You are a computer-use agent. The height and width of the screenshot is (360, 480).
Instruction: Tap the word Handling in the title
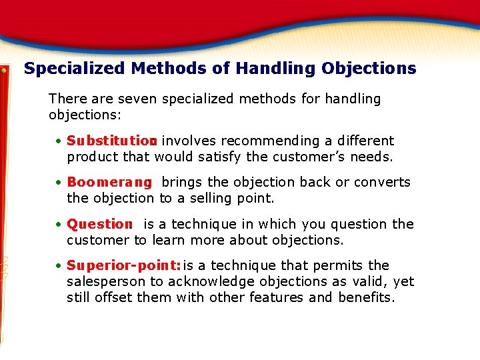pos(275,69)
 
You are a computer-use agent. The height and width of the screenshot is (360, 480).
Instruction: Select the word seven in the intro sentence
pos(138,99)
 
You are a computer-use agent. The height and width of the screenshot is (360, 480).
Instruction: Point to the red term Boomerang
pos(109,183)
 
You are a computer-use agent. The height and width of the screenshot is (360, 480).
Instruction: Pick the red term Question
pos(100,225)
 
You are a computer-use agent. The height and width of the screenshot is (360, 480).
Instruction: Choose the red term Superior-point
pos(123,266)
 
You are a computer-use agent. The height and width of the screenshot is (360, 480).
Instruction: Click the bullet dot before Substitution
pos(59,141)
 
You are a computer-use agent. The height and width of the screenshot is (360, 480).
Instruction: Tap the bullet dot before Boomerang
pos(59,183)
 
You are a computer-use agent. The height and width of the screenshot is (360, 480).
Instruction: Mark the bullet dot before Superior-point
pos(59,266)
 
